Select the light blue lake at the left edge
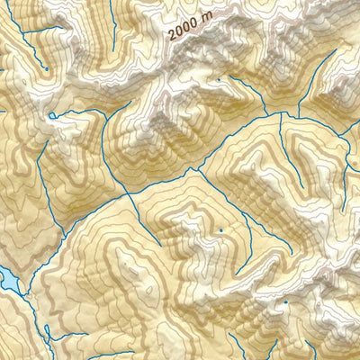(6, 278)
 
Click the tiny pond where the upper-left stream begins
(52, 116)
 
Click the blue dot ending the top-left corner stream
(46, 68)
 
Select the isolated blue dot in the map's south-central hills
(220, 231)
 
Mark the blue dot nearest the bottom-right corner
(286, 303)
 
